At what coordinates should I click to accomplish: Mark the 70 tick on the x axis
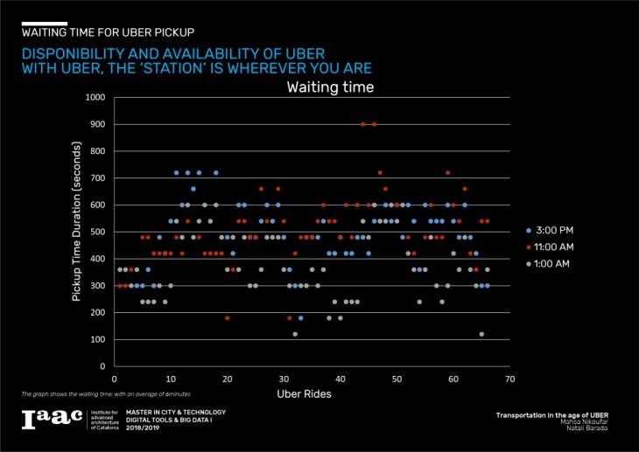coord(509,379)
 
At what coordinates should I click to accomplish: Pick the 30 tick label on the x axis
coord(284,379)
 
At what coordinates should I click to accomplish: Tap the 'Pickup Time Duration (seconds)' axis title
coord(76,232)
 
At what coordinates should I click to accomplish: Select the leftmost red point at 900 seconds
coord(363,124)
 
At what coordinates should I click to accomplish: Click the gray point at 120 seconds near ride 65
coord(481,334)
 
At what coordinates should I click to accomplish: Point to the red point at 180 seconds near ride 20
coord(228,318)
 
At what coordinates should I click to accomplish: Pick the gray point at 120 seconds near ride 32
coord(295,334)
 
